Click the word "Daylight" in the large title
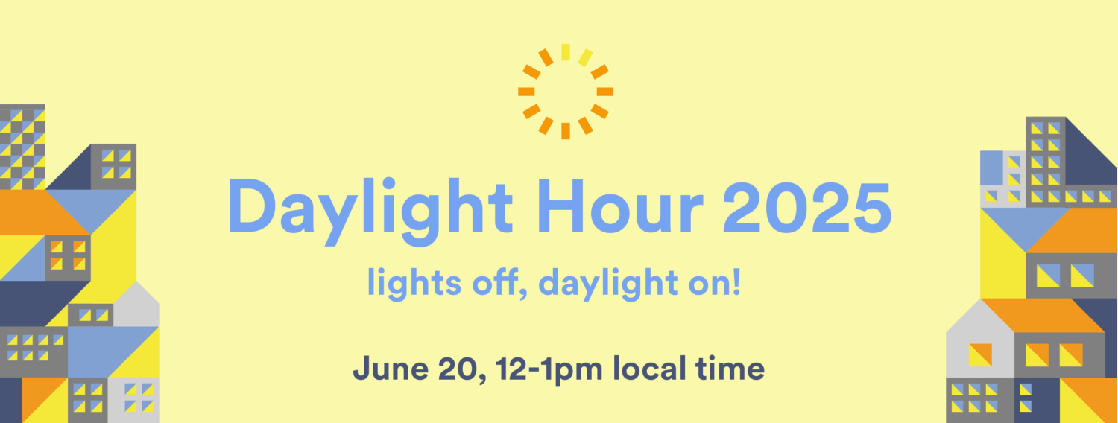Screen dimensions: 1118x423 pos(370,211)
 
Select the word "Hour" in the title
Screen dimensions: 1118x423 pos(620,206)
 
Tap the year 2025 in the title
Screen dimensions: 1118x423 pos(807,206)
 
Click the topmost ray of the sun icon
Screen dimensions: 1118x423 pos(566,52)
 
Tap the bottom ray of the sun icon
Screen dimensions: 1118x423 pos(566,130)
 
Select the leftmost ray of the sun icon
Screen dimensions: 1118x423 pos(526,92)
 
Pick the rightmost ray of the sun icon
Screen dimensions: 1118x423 pos(605,92)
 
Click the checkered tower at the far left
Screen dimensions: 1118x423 pos(22,147)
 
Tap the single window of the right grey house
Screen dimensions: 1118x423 pos(980,355)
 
